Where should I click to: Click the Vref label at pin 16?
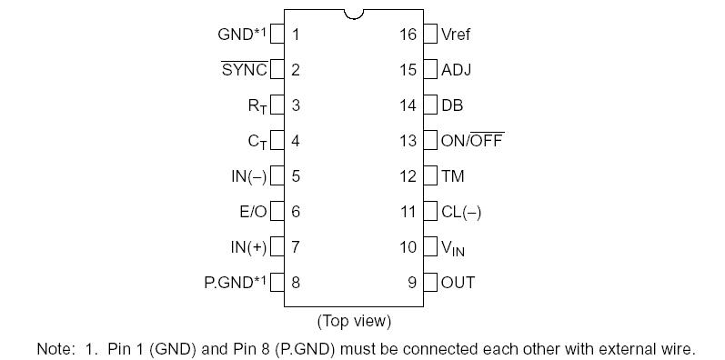456,35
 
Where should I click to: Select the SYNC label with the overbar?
245,70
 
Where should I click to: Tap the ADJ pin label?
456,70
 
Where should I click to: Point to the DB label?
452,105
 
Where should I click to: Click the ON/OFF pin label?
472,141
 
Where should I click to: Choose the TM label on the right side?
452,176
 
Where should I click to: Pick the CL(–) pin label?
461,212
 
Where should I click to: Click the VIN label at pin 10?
453,248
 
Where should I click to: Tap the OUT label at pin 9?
458,283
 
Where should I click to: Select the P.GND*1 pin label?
235,282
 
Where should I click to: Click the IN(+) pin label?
248,247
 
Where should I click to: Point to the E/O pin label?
253,212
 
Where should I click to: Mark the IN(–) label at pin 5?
248,176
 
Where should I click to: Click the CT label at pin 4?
257,142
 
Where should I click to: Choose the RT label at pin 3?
257,106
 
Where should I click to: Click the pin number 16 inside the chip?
408,35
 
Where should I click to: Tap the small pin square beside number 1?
278,35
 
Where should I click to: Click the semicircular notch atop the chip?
355,14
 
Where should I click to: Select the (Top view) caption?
354,321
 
